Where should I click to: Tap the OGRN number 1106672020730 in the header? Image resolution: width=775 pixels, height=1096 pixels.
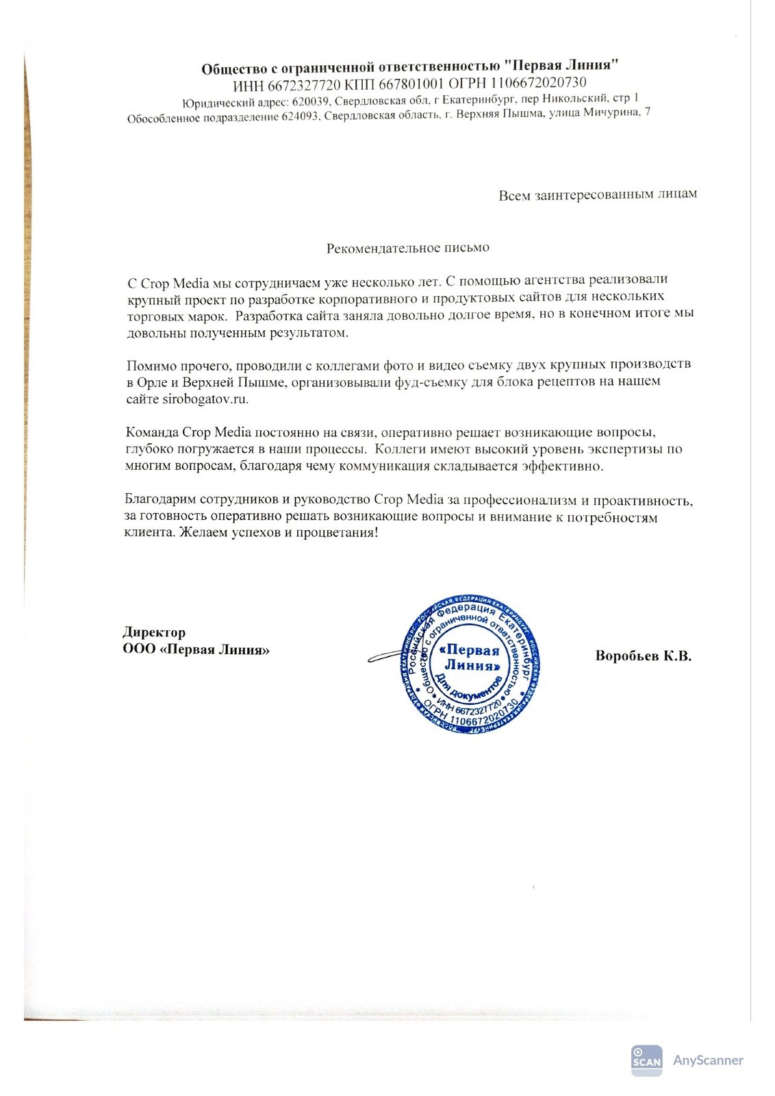(537, 83)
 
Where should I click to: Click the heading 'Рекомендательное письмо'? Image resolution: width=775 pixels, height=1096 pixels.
(407, 247)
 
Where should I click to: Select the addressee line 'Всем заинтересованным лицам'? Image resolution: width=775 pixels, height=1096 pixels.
(597, 195)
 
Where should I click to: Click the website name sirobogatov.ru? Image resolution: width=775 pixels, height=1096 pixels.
(205, 399)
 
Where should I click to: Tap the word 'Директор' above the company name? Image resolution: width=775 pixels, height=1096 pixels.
(154, 632)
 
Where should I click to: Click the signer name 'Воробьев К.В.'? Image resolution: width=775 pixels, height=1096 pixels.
(643, 656)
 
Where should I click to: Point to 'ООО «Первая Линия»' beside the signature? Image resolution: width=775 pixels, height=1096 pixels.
(196, 649)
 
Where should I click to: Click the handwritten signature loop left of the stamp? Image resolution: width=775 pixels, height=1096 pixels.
(383, 657)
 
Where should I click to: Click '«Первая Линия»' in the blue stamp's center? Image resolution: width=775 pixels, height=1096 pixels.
(471, 658)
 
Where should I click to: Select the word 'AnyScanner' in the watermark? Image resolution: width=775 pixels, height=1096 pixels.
(708, 1060)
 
